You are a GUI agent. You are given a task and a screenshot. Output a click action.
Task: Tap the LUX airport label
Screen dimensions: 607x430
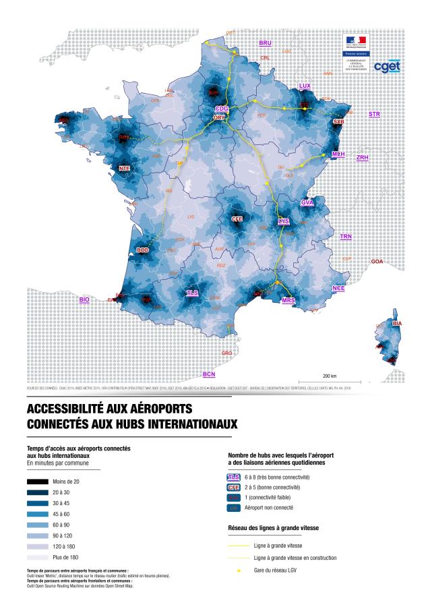[305, 86]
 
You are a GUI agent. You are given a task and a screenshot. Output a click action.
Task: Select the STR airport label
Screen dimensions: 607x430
[374, 115]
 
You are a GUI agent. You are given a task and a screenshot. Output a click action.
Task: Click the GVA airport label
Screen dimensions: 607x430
[307, 202]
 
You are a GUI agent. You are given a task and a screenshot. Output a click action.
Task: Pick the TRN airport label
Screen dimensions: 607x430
[346, 237]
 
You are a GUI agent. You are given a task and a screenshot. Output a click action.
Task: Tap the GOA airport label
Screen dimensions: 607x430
[377, 261]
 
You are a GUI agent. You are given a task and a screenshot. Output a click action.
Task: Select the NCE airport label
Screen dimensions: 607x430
[338, 288]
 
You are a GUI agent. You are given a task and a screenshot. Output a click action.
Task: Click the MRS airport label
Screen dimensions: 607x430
[288, 300]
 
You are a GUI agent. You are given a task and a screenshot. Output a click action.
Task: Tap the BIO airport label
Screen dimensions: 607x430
[84, 299]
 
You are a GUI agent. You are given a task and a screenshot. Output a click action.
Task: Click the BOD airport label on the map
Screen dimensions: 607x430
[143, 250]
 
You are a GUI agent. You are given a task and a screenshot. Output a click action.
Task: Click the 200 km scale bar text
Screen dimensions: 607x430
[330, 375]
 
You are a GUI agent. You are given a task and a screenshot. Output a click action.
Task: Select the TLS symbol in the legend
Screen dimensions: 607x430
[235, 477]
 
